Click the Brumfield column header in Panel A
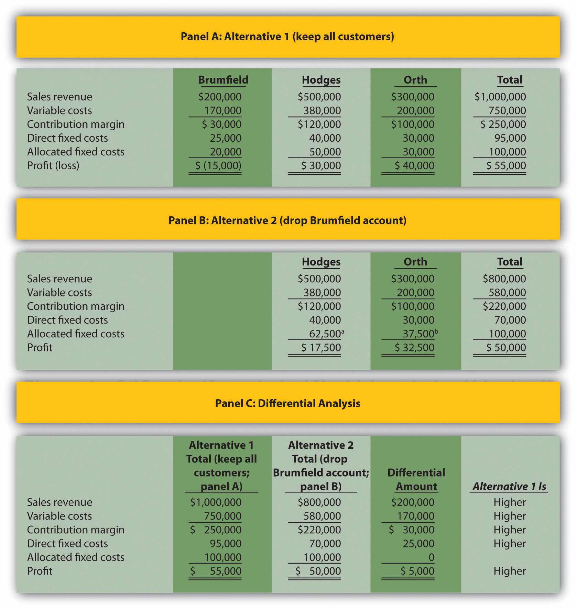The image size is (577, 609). coord(223,80)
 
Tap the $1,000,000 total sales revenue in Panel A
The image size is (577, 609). coord(500,97)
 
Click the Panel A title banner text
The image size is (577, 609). coord(287,36)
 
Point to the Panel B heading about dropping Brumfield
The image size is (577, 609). coord(287,220)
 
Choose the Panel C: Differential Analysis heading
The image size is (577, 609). coord(287,403)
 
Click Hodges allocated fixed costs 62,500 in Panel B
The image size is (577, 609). coord(325,334)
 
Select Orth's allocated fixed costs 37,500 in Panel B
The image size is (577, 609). coord(418,334)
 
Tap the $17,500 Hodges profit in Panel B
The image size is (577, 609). coord(321,347)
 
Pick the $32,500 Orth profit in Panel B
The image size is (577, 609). coord(414,347)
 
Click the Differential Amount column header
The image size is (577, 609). coord(416,479)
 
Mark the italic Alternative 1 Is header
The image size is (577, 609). coord(509,486)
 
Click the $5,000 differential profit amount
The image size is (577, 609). coord(417,571)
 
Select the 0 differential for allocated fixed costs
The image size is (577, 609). coord(431,557)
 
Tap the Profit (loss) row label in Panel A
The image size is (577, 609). coord(53,165)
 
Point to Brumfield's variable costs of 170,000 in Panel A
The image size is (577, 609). coord(222,110)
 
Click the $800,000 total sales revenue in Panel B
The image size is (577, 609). coord(504,279)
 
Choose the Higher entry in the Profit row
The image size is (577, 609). coord(510,571)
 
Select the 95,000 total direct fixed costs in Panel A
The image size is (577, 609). coord(510,138)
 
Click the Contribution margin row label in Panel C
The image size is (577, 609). coord(76,530)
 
